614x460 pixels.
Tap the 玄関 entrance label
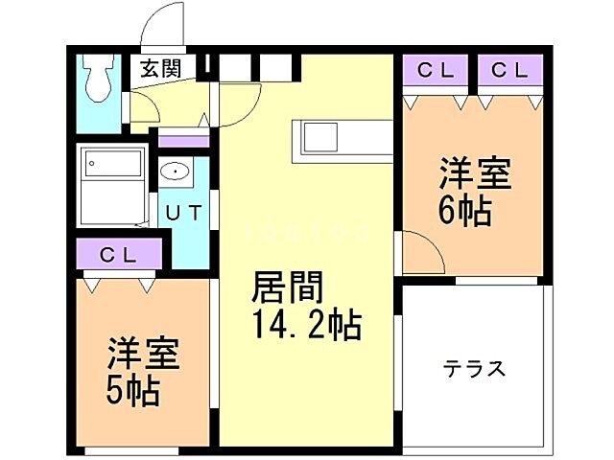pyautogui.click(x=159, y=69)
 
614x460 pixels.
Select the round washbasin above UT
pyautogui.click(x=176, y=172)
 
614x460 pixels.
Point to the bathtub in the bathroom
pyautogui.click(x=113, y=185)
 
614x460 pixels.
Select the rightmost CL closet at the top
pyautogui.click(x=510, y=70)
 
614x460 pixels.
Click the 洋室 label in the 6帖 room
pyautogui.click(x=476, y=174)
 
